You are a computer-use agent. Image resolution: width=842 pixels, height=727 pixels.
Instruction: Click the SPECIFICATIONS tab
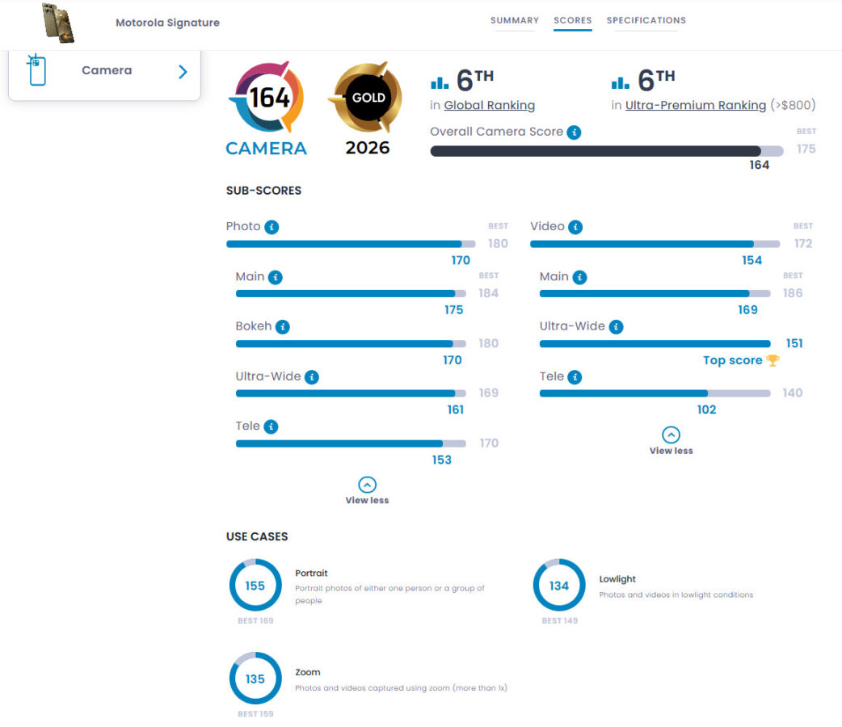646,20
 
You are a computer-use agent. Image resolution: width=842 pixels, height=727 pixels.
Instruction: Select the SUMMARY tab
514,20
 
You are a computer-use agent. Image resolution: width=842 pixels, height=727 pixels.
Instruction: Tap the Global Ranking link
489,105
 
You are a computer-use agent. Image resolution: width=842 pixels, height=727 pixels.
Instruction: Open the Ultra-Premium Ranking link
695,105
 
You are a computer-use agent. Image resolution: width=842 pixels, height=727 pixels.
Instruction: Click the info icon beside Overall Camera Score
574,132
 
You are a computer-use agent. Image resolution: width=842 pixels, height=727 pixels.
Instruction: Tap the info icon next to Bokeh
282,327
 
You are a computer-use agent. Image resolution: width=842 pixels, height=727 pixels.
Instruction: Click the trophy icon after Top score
773,360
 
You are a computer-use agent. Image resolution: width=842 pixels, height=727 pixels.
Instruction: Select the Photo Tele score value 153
441,460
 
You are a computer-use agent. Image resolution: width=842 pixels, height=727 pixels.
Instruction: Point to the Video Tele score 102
706,410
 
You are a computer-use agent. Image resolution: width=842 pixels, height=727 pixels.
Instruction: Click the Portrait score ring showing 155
255,586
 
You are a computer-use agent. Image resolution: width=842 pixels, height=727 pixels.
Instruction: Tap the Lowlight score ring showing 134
559,586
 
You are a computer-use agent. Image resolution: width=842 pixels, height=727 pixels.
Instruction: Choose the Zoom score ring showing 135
255,679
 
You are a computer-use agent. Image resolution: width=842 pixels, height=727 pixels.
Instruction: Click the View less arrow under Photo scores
367,485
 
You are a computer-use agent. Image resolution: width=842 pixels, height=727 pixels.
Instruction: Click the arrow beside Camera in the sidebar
183,71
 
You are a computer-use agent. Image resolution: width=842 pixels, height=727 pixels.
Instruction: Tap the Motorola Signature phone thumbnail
58,23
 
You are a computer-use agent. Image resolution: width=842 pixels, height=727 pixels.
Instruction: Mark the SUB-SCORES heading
263,191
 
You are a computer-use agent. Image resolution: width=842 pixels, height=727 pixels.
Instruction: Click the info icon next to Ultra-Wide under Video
616,327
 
